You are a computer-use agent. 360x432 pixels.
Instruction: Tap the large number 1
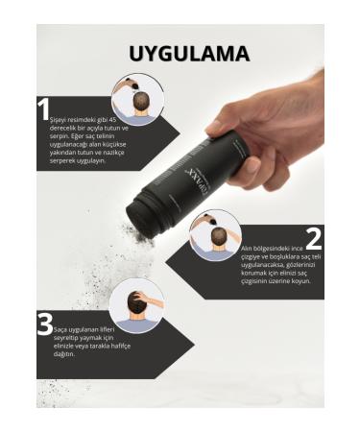[x=43, y=108]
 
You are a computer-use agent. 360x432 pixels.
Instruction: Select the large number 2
[x=313, y=238]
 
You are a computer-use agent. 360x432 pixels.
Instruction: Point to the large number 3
[x=44, y=324]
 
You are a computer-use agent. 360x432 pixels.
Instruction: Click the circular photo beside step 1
[x=137, y=98]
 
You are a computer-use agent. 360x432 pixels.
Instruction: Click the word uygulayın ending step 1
[x=87, y=160]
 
